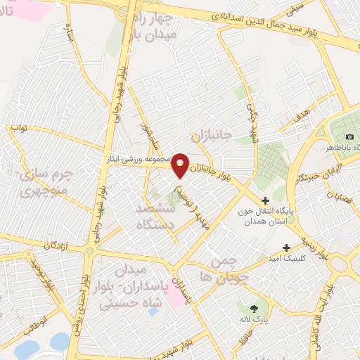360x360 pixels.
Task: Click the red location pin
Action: pyautogui.click(x=181, y=165)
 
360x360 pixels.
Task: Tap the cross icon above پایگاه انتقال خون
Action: pyautogui.click(x=265, y=200)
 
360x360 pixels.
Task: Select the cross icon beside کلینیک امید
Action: pyautogui.click(x=286, y=247)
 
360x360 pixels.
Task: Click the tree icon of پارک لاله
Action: pyautogui.click(x=254, y=307)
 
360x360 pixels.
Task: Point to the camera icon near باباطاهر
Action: pyautogui.click(x=349, y=136)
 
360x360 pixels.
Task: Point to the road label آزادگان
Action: pyautogui.click(x=58, y=245)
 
